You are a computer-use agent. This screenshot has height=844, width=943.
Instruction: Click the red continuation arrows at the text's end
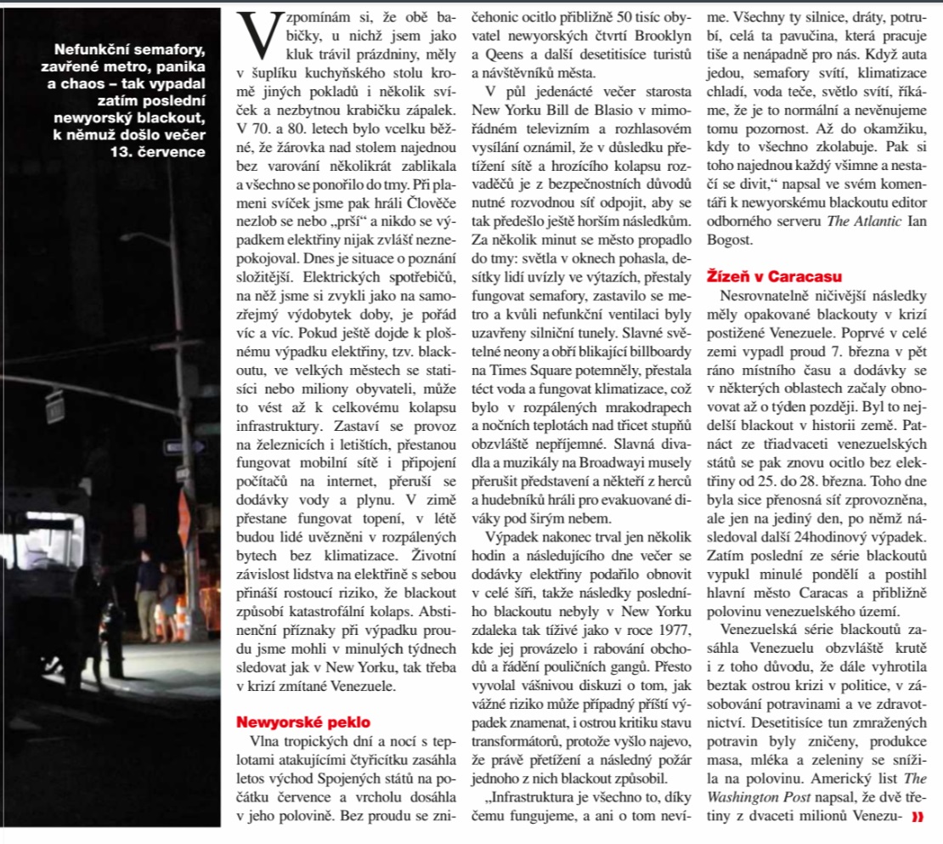[x=917, y=818]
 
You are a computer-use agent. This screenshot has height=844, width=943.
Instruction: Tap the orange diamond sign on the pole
[x=185, y=508]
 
